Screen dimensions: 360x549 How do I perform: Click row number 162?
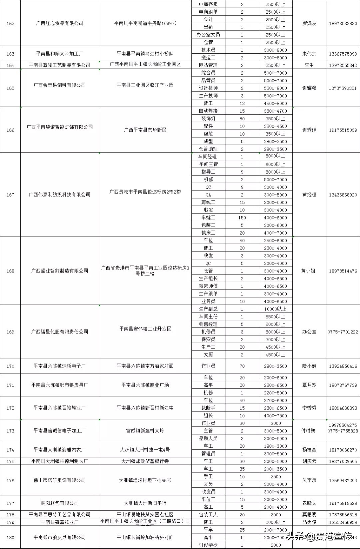(x=10, y=24)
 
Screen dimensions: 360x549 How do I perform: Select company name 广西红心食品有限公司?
(x=60, y=23)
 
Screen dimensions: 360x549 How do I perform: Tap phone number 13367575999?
(x=343, y=54)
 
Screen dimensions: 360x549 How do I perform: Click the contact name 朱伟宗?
(x=309, y=54)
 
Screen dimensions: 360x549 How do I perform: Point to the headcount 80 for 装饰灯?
(x=242, y=119)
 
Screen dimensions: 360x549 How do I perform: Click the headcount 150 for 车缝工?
(x=242, y=218)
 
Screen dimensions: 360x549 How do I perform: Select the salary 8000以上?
(x=275, y=156)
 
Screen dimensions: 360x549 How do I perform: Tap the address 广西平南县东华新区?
(x=145, y=130)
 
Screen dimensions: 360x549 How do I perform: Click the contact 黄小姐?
(x=308, y=271)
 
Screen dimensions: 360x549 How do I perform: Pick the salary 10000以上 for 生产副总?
(x=275, y=309)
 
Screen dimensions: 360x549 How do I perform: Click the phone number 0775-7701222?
(x=343, y=332)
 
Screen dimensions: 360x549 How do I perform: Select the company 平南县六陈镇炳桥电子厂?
(x=60, y=366)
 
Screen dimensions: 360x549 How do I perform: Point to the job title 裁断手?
(x=208, y=408)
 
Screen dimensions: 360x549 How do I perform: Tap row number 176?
(x=10, y=480)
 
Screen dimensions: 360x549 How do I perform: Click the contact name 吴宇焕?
(x=309, y=480)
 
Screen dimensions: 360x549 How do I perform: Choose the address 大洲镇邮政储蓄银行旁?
(x=145, y=461)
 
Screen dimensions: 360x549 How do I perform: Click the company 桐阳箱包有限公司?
(x=60, y=503)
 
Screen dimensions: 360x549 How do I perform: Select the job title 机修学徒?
(x=208, y=545)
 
